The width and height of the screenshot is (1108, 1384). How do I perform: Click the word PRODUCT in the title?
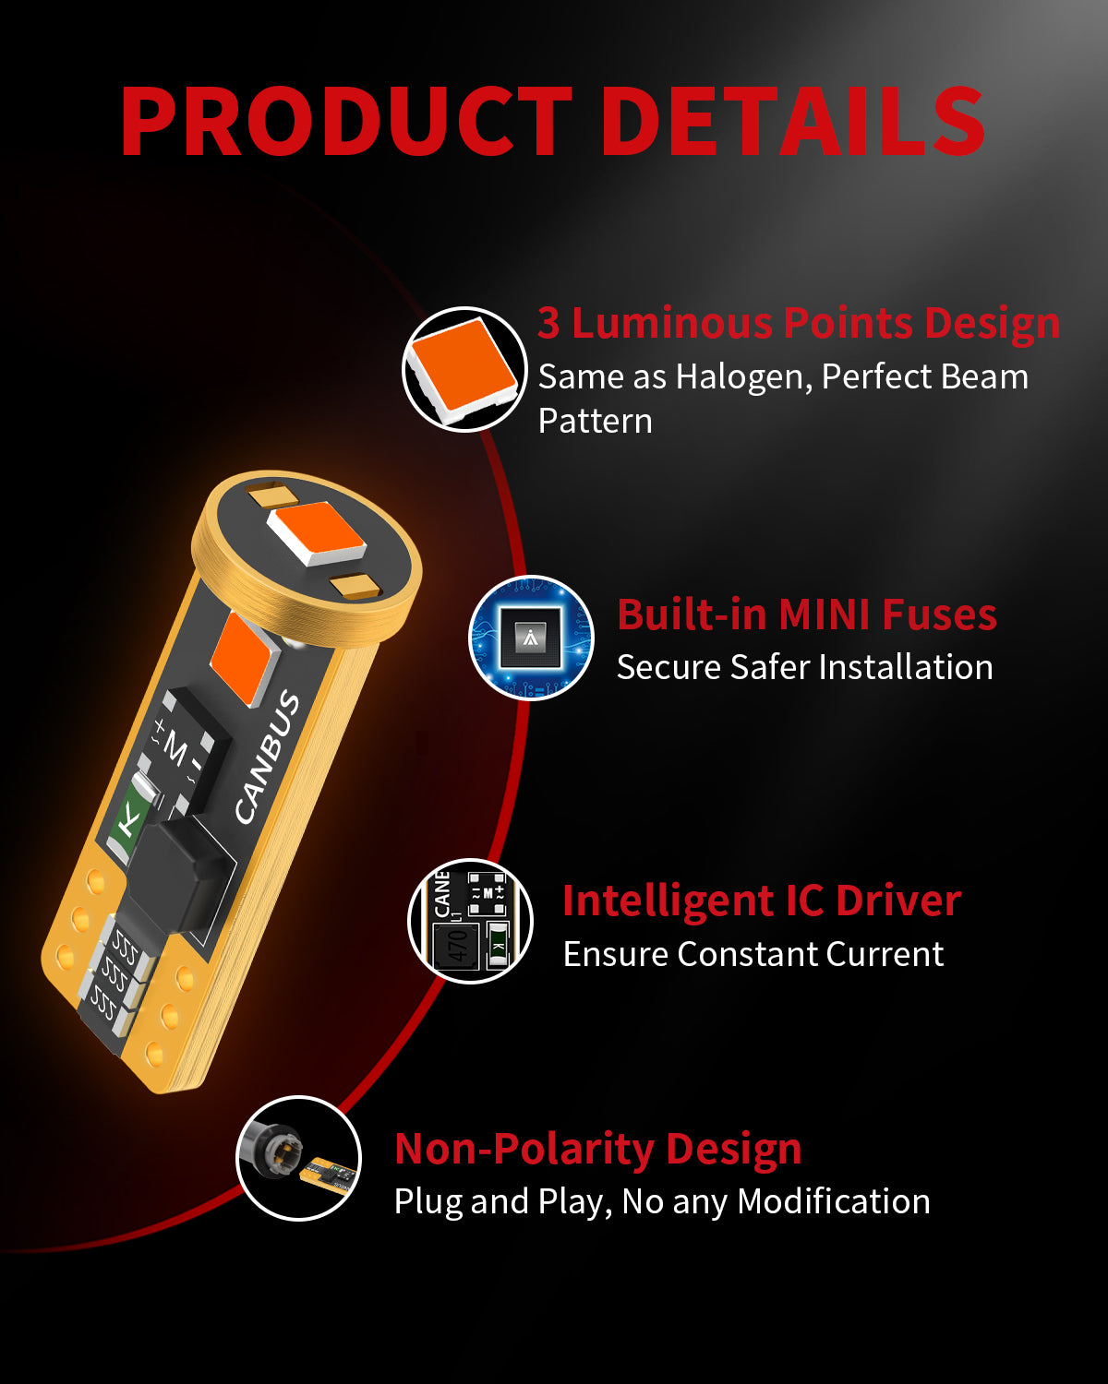(x=346, y=122)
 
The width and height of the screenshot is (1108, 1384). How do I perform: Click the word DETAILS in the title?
(x=792, y=122)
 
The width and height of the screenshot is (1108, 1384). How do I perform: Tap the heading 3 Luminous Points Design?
(x=799, y=324)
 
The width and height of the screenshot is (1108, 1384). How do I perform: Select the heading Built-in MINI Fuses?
(x=807, y=614)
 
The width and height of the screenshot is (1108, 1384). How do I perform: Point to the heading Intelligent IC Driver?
(x=763, y=901)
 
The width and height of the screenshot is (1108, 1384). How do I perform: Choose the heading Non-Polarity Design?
(x=598, y=1150)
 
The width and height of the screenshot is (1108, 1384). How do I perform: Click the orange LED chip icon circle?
(x=464, y=369)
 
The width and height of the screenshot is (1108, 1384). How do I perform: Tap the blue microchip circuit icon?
(x=531, y=638)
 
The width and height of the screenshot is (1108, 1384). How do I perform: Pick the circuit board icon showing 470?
(x=471, y=921)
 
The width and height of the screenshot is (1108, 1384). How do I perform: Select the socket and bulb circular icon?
(x=299, y=1158)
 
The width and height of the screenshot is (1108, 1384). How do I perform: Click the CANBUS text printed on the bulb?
(x=267, y=757)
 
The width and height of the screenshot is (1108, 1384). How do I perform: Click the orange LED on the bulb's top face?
(x=317, y=533)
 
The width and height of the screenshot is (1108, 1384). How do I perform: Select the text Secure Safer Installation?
(x=805, y=668)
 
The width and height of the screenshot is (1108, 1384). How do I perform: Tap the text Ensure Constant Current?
(x=753, y=954)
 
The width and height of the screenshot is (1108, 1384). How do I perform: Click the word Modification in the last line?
(x=834, y=1201)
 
